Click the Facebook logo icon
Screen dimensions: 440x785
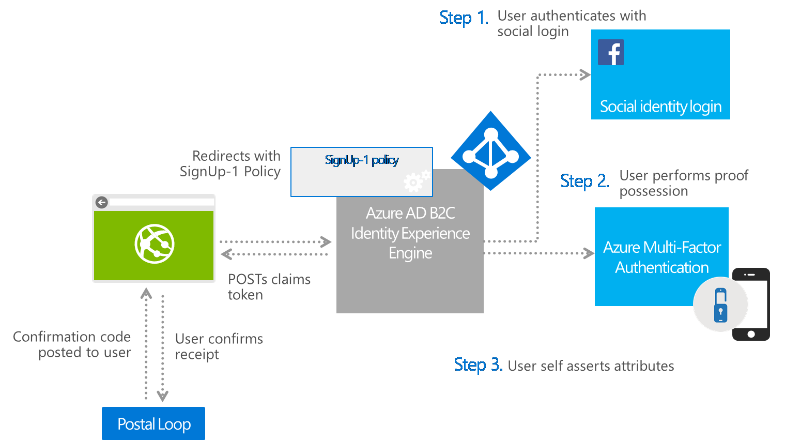coord(610,52)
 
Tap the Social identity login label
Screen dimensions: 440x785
coord(660,107)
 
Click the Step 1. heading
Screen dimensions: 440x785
coord(464,18)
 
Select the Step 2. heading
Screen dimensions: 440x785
coord(584,181)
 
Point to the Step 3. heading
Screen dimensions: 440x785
coord(478,365)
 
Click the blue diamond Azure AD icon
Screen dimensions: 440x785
coord(490,151)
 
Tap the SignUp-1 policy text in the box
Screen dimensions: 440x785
coord(362,160)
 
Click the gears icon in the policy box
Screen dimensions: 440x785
coord(417,180)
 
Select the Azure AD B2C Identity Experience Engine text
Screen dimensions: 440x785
coord(410,233)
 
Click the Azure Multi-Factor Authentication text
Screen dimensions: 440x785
coord(662,257)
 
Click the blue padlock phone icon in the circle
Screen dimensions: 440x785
coord(720,305)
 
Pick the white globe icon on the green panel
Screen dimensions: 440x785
coord(154,244)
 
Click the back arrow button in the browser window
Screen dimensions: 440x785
coord(102,202)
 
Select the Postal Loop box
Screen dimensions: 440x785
coord(153,423)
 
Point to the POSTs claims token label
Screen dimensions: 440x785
coord(269,287)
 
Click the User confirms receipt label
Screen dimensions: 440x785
coord(219,346)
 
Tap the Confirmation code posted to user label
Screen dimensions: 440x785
coord(72,344)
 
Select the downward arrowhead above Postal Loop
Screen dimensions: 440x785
coord(162,396)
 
